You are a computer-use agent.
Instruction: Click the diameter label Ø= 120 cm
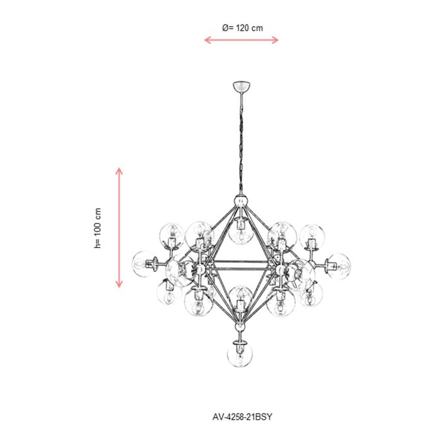(x=243, y=28)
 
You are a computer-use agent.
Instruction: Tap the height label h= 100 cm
(x=97, y=228)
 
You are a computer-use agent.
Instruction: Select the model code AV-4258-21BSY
(x=242, y=416)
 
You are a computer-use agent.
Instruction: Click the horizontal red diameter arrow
(x=241, y=40)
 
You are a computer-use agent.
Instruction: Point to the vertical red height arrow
(x=119, y=227)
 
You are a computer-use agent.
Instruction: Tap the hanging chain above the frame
(x=241, y=143)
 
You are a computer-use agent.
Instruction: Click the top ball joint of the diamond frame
(x=241, y=200)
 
